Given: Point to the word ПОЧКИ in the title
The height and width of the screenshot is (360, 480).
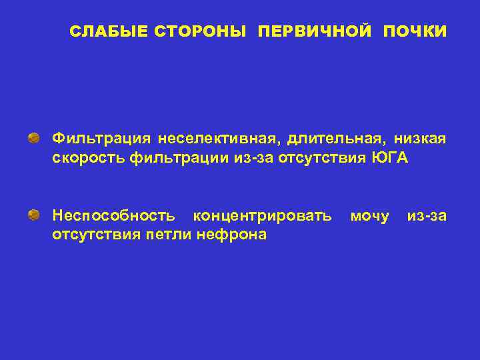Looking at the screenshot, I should click(415, 31).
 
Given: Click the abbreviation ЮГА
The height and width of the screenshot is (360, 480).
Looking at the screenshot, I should click(394, 158).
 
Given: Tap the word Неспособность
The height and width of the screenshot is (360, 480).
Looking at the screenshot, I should click(114, 215).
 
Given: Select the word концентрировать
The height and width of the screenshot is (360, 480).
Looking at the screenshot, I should click(261, 215).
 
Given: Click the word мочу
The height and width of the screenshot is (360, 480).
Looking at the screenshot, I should click(369, 215).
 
